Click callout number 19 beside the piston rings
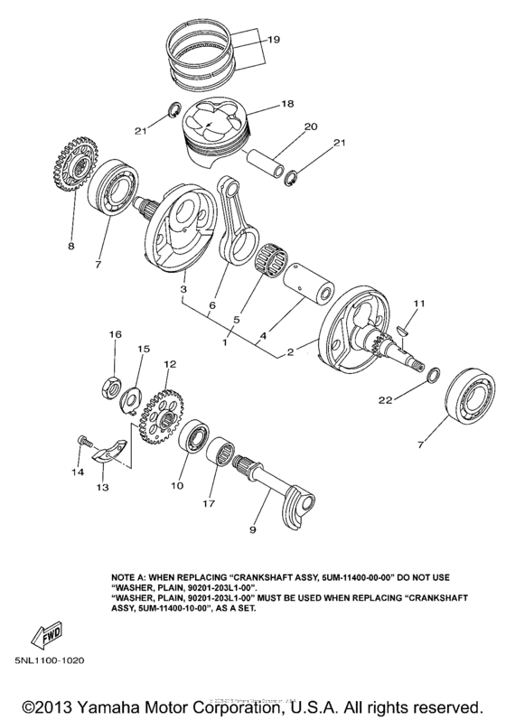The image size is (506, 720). pyautogui.click(x=275, y=40)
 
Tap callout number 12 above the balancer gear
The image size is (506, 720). pyautogui.click(x=167, y=364)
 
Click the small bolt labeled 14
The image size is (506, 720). pyautogui.click(x=82, y=440)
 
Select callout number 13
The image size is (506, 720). pyautogui.click(x=101, y=487)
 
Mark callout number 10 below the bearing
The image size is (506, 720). pyautogui.click(x=177, y=485)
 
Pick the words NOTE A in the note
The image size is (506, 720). pyautogui.click(x=131, y=575)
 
